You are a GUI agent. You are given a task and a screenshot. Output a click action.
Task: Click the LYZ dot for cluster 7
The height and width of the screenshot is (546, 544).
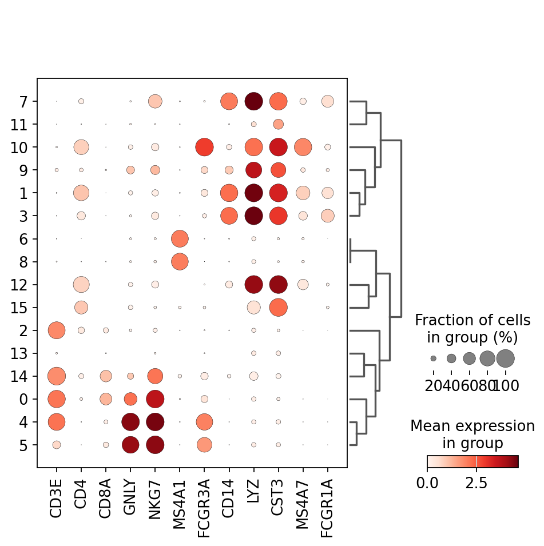[253, 101]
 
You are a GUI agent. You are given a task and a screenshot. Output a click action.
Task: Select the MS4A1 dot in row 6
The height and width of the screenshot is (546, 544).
[180, 238]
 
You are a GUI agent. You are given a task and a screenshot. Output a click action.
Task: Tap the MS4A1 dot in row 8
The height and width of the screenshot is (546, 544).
[180, 261]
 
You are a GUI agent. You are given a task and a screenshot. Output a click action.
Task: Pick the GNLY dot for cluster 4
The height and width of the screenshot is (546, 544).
[130, 421]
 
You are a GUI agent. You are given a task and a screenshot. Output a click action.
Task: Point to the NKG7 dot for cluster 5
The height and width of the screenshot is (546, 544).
[155, 444]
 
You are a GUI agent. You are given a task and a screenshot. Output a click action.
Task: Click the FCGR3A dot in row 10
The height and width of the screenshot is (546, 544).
[204, 147]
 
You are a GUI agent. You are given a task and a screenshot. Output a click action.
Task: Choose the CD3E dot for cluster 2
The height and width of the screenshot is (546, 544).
[57, 330]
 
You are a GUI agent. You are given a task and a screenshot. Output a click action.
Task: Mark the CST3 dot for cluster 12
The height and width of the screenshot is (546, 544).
[278, 284]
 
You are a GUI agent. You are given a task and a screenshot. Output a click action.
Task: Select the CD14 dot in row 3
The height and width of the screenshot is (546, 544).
[229, 216]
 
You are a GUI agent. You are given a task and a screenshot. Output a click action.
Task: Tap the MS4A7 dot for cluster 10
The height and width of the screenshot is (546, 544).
[303, 147]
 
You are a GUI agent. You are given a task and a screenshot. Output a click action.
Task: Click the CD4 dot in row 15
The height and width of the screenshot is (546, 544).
[81, 307]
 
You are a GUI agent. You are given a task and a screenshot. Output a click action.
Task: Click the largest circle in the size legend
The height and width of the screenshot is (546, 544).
[506, 358]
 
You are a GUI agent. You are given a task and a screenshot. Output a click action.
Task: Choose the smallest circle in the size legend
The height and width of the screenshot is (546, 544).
[434, 358]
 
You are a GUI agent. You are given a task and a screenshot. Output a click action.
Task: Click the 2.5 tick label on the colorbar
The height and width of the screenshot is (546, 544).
[477, 483]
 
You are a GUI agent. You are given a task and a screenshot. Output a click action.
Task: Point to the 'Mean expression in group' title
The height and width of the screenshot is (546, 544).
[472, 435]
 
